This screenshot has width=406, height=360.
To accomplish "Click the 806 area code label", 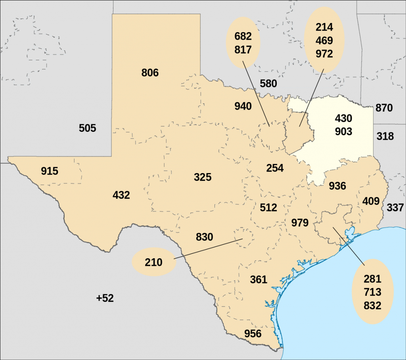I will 150,73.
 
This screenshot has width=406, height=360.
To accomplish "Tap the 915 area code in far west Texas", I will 50,171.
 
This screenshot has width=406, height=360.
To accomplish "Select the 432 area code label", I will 121,195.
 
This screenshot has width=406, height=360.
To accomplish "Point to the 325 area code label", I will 203,177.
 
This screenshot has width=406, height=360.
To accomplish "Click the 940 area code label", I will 243,106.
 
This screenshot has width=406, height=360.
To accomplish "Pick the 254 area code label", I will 275,168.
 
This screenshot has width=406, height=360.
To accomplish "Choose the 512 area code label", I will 268,207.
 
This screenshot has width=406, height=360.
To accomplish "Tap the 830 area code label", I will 205,237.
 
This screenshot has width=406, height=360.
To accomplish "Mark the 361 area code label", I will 259,280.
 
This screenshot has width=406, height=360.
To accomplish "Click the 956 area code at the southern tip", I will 253,333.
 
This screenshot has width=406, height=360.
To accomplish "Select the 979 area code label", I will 300,223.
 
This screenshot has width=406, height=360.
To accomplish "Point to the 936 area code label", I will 337,186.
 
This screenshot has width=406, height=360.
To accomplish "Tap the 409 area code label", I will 371,201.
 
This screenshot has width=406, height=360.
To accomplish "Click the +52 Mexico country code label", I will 105,298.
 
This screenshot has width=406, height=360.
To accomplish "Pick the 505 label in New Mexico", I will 88,128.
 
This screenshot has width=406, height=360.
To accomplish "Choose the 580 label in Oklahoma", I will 268,84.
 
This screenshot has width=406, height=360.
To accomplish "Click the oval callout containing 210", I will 154,262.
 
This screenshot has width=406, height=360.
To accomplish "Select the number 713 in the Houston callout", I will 372,292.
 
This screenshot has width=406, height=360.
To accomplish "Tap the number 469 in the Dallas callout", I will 324,41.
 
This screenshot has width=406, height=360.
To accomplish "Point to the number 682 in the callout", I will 243,36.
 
